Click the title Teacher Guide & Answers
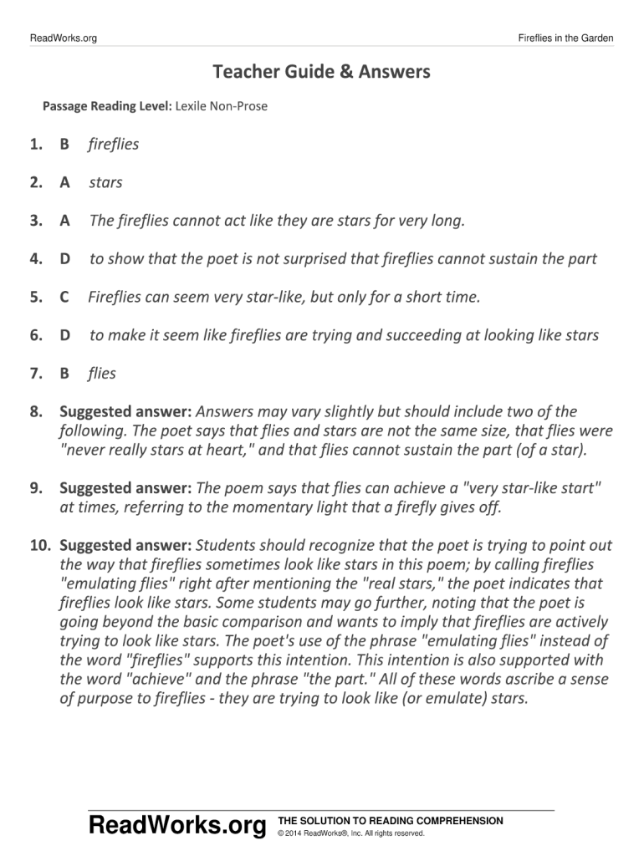click(x=321, y=72)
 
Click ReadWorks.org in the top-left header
click(x=63, y=38)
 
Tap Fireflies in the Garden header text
click(x=565, y=38)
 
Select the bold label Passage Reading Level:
click(x=108, y=106)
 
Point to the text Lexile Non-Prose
click(x=222, y=106)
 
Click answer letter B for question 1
click(x=64, y=145)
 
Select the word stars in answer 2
click(x=105, y=182)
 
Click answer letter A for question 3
click(x=64, y=221)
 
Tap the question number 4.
click(x=36, y=259)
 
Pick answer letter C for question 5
click(x=64, y=297)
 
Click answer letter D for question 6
click(x=64, y=335)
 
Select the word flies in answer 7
click(x=102, y=374)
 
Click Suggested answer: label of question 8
click(x=125, y=411)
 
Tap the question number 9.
click(x=36, y=487)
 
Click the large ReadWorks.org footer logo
click(x=177, y=827)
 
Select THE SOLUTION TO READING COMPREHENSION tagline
click(x=390, y=821)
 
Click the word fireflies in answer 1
click(x=114, y=145)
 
